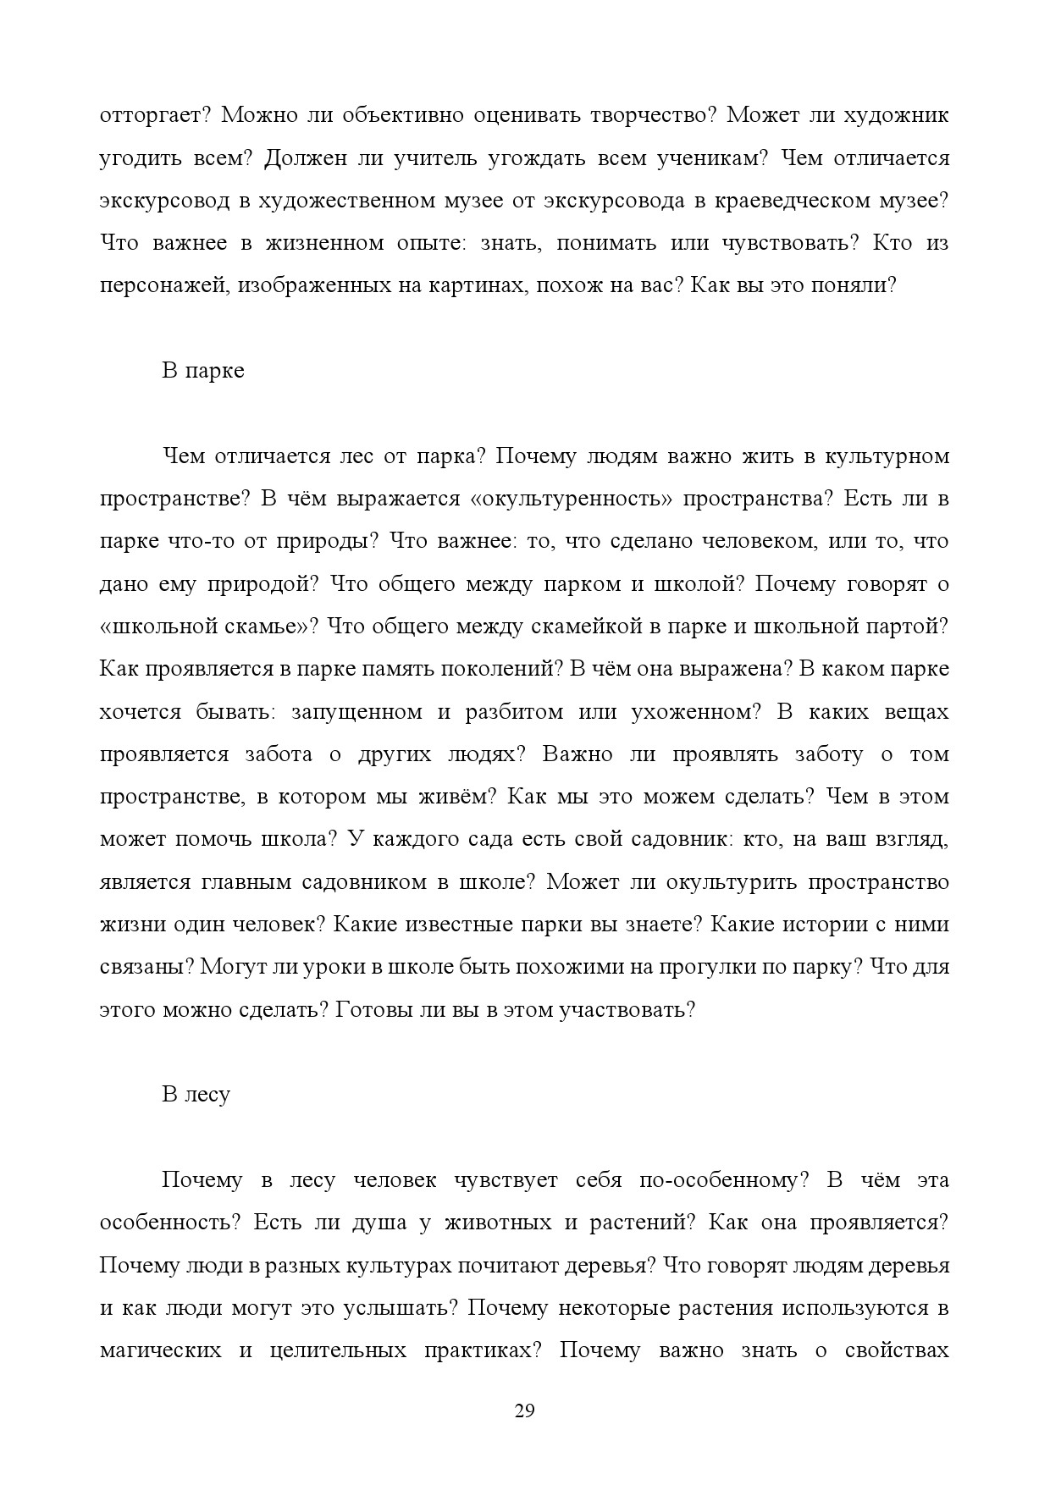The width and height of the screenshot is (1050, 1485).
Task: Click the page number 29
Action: point(524,1410)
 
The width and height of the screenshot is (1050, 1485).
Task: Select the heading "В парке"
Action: point(202,371)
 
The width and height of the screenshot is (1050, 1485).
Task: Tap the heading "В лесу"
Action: point(196,1094)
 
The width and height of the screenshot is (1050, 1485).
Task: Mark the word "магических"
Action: point(160,1350)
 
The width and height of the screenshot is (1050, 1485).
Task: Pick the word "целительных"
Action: point(332,1350)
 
